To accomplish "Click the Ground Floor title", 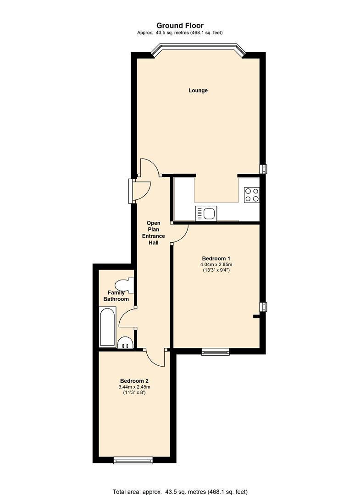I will (180, 26).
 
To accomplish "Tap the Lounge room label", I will (198, 90).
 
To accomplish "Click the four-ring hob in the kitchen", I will (251, 195).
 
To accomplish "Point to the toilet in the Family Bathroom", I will (125, 285).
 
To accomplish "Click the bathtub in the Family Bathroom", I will (108, 327).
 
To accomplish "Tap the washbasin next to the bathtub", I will (125, 343).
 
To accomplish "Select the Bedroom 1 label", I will (216, 258).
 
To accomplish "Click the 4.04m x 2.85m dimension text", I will (216, 264).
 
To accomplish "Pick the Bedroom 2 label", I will (134, 381).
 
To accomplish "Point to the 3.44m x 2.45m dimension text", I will (134, 387).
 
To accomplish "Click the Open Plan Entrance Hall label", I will (153, 232).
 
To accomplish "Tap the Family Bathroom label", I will (118, 296).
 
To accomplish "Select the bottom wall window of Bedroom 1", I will (215, 352).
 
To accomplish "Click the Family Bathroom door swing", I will (127, 317).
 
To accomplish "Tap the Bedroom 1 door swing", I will (180, 233).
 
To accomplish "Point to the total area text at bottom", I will (180, 490).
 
